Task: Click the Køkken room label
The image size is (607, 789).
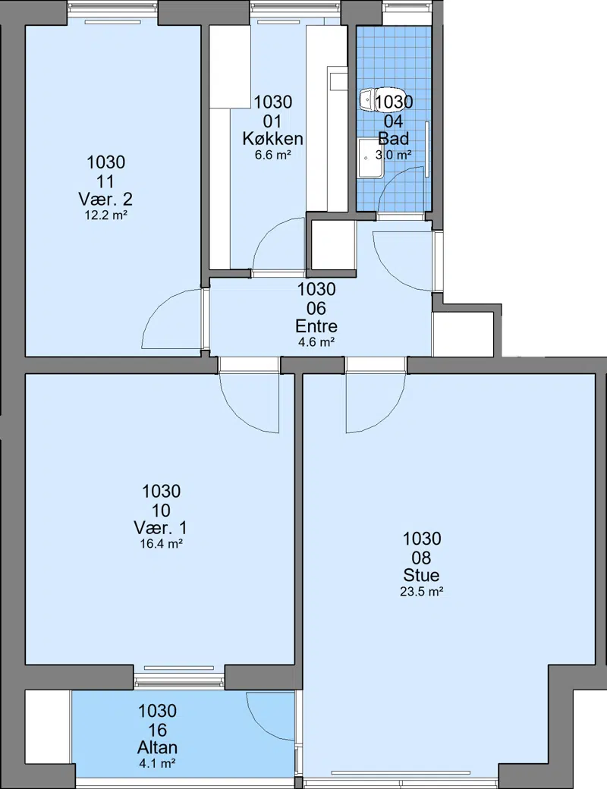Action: pos(272,138)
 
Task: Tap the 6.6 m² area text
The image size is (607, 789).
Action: pos(273,155)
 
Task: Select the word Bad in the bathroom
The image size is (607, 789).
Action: pos(393,138)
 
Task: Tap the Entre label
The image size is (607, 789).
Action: pos(316,326)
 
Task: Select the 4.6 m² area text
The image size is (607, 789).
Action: pos(316,343)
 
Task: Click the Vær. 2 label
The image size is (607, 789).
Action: pos(105,200)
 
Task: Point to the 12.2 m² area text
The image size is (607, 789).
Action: pos(105,216)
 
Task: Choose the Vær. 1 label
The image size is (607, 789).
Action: pos(161,528)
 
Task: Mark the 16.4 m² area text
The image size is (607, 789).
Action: pos(161,544)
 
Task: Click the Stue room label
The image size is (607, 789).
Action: pos(421,575)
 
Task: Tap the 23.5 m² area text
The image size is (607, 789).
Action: pos(421,592)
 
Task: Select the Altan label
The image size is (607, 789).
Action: pos(157,747)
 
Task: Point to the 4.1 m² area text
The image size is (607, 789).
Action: pos(157,764)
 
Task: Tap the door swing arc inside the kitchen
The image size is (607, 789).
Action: pos(267,232)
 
